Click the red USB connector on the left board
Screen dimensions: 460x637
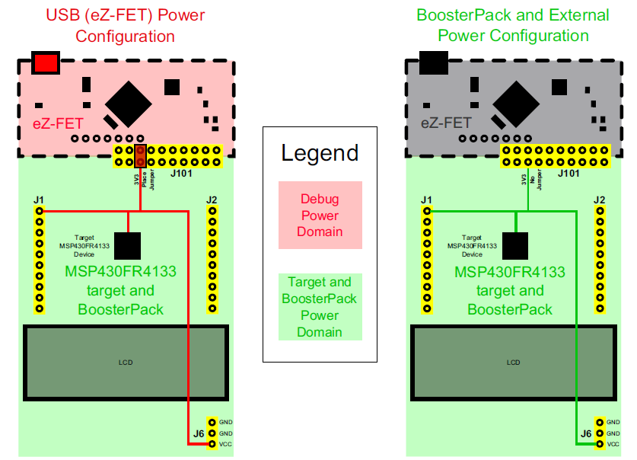click(46, 62)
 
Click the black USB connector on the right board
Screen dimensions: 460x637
click(433, 62)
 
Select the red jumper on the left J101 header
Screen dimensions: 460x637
click(141, 156)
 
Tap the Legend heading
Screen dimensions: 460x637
click(320, 153)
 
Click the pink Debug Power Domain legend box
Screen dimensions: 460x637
click(320, 216)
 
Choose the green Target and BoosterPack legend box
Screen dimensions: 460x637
click(320, 307)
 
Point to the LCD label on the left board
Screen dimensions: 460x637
click(126, 363)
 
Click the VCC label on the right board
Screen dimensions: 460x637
click(613, 443)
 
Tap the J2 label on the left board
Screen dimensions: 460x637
click(212, 200)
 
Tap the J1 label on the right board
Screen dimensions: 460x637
click(426, 200)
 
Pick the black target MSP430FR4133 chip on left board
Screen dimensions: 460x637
click(128, 245)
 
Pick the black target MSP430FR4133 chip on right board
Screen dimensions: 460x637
click(515, 245)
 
